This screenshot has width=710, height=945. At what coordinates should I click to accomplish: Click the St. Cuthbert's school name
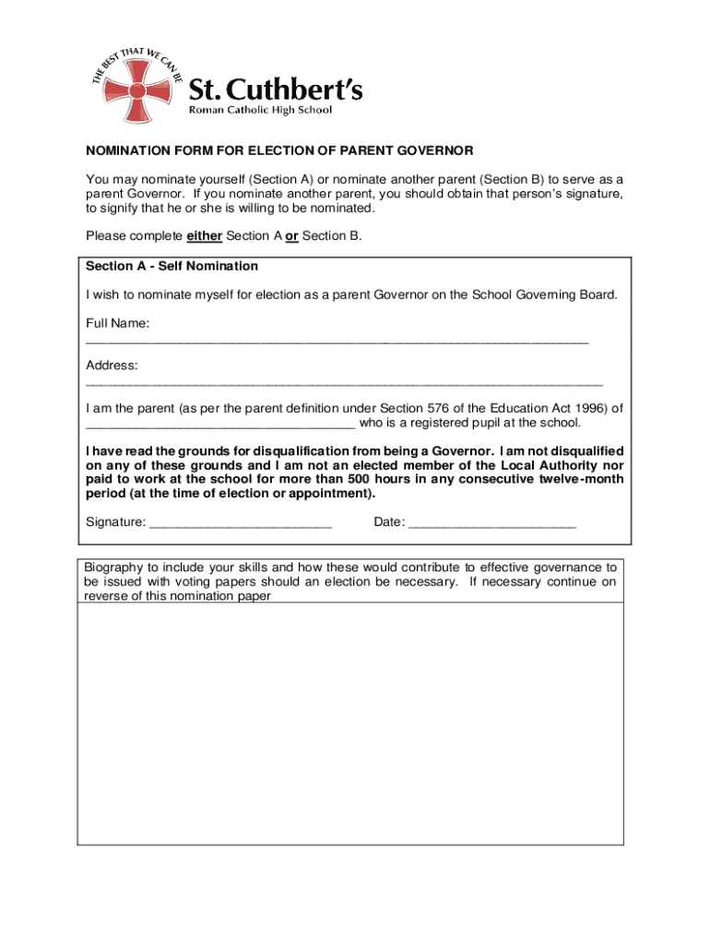click(276, 90)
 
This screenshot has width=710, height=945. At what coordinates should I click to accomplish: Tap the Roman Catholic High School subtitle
click(260, 110)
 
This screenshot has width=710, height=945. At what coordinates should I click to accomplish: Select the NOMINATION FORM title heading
click(279, 150)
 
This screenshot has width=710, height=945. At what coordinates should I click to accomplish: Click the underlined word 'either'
click(204, 235)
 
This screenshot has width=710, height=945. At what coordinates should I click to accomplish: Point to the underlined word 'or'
click(291, 235)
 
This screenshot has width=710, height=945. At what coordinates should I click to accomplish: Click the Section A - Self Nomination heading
click(172, 266)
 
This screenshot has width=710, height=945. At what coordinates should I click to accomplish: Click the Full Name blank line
click(337, 341)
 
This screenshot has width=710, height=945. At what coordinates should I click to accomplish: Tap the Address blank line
click(344, 381)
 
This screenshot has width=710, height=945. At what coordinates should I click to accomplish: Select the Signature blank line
click(240, 525)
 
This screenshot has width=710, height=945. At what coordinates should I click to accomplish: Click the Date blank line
click(491, 525)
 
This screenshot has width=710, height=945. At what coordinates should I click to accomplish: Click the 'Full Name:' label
click(118, 324)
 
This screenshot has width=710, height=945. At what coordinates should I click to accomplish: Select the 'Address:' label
click(112, 365)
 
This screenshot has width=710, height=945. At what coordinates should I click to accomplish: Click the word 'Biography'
click(112, 568)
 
